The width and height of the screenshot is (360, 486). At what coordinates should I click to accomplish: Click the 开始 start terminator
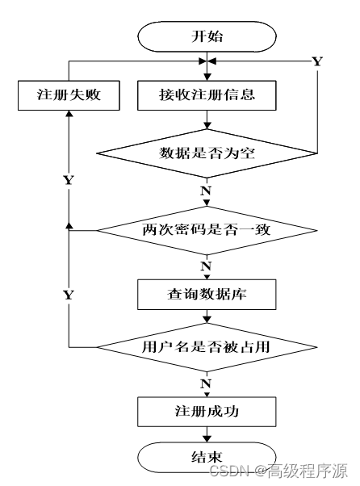coord(207,36)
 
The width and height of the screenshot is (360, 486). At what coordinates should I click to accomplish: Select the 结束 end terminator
coord(207,457)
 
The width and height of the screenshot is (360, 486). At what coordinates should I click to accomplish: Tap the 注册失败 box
coord(69,95)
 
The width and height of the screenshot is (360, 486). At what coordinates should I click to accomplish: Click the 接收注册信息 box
coord(207,95)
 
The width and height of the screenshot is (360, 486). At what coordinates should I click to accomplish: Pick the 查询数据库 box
coord(207,295)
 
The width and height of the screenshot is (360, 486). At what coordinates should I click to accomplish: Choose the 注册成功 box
coord(207,412)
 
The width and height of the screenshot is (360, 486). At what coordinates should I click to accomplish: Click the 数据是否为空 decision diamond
coord(207,153)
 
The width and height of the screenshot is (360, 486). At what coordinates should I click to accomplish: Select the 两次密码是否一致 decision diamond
coord(207,230)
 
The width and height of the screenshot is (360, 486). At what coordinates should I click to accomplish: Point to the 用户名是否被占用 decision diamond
coord(207,347)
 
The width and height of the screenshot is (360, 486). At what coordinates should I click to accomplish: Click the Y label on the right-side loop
coord(317,61)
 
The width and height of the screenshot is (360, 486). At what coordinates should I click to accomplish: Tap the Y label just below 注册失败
coord(69,180)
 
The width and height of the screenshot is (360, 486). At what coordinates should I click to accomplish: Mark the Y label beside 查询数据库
coord(69,295)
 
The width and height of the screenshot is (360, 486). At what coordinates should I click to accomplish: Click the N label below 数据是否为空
coord(206,191)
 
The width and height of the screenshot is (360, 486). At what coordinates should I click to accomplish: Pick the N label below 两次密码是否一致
coord(206,266)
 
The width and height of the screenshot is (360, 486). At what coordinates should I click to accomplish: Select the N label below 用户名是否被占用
coord(206,383)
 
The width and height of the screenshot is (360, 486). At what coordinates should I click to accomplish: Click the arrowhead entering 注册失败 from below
coord(69,114)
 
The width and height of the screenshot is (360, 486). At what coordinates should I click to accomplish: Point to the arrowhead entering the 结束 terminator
coord(207,439)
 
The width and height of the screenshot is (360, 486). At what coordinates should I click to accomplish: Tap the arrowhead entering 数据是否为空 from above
coord(207,125)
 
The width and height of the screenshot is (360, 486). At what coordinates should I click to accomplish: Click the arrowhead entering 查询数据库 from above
coord(207,277)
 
